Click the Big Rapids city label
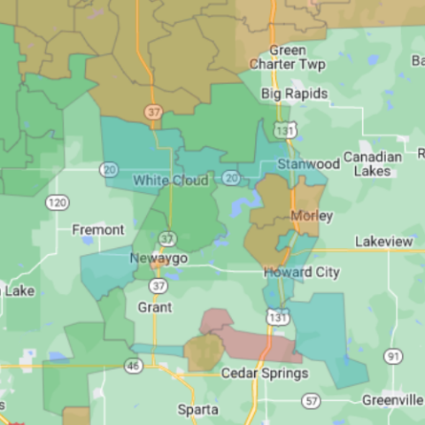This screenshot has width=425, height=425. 294,94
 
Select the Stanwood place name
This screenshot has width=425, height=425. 308,164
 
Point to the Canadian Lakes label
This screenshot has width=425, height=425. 373,164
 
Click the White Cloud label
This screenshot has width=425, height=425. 171,181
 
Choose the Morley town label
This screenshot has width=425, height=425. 312,216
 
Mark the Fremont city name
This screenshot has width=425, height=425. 97,230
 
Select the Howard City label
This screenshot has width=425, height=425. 301,273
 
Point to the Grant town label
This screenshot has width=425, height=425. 155,307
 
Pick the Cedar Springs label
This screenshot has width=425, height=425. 264,374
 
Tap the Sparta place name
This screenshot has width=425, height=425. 197,410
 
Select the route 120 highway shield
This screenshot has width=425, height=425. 58,203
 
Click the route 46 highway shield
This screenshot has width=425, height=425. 133,364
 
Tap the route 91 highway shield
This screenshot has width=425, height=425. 393,356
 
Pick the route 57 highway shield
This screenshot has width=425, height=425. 310,401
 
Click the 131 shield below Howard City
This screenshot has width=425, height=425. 277,315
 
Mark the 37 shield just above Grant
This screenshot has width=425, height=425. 158,286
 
